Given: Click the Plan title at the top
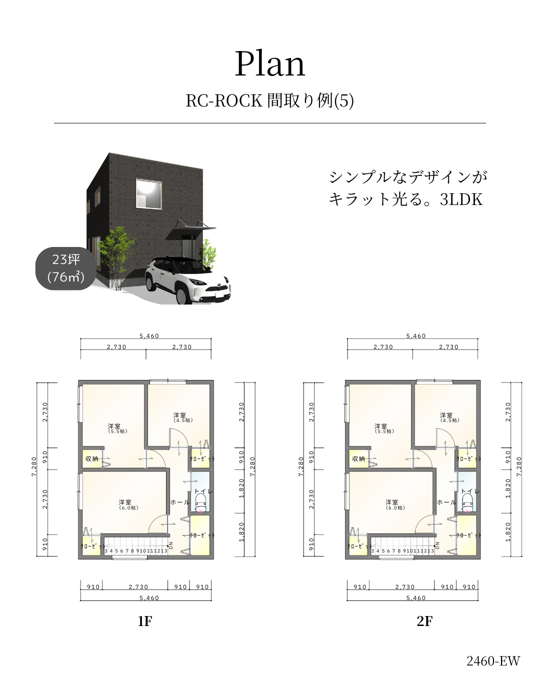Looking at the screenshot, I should tap(270, 64).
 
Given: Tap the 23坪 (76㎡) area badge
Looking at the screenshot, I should tap(65, 268).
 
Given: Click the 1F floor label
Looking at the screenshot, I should tap(144, 621).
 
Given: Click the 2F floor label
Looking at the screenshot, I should tap(424, 621).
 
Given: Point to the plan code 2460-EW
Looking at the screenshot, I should tap(493, 661).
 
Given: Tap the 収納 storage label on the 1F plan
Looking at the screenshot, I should tap(92, 459).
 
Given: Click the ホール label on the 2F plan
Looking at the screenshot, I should tap(446, 502).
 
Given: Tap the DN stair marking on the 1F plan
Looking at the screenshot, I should tap(170, 545).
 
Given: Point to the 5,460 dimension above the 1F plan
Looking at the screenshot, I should tap(149, 336).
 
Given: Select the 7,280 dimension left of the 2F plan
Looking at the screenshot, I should tap(301, 466).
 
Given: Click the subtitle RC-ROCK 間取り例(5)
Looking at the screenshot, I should tap(270, 100).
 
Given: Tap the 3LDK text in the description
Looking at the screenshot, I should tap(461, 199).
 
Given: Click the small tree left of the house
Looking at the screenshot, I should tap(116, 255).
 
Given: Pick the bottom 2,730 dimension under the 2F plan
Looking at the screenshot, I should tap(405, 587).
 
